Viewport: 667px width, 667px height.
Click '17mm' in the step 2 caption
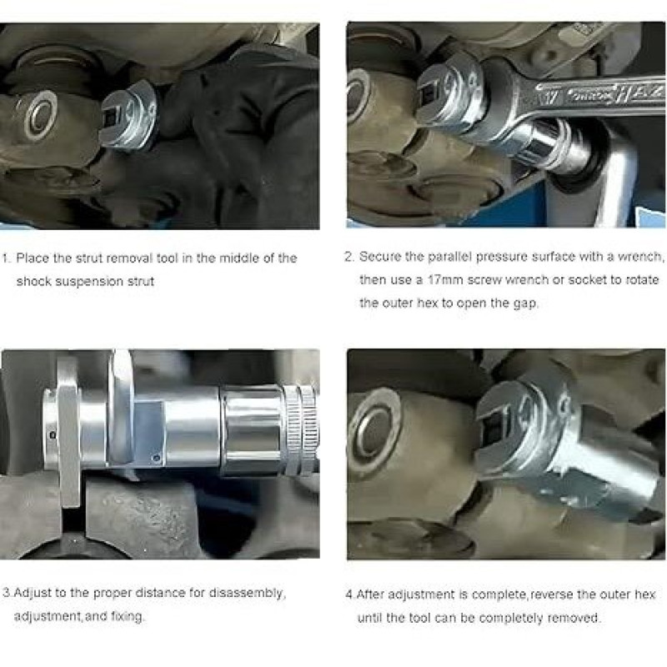tap(445, 280)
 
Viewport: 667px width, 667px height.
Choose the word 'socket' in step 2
tap(587, 280)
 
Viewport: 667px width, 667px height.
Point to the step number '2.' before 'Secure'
tap(349, 257)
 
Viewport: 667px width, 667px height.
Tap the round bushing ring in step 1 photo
tap(40, 115)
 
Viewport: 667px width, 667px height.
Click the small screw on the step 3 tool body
tap(156, 458)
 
